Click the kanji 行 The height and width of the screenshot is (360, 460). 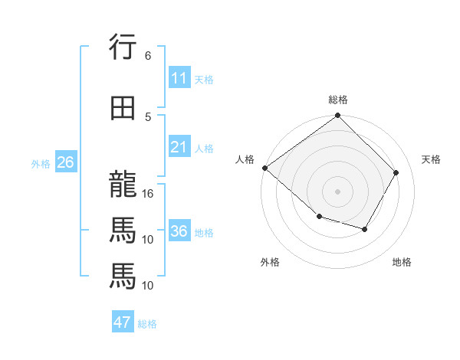(123, 47)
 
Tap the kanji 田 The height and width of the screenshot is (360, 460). (123, 109)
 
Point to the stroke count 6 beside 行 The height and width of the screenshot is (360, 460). (147, 56)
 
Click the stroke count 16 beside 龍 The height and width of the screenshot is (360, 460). (149, 194)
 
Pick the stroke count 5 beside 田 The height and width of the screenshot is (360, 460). (147, 116)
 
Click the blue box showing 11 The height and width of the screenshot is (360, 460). (179, 78)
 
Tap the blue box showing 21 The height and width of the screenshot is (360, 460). (179, 147)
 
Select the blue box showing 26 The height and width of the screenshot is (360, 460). (65, 162)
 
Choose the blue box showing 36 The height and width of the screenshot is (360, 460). (179, 231)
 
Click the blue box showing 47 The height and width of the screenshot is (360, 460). (123, 322)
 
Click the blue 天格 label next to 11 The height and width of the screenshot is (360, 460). (204, 79)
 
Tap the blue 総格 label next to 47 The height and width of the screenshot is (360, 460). (147, 324)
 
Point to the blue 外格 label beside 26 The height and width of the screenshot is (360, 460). (41, 163)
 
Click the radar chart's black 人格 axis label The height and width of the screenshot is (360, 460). (245, 159)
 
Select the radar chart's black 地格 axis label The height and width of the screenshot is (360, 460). (402, 262)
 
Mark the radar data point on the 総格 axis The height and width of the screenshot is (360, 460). (337, 116)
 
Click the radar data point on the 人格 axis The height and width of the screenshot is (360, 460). (264, 168)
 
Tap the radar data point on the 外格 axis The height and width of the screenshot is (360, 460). (319, 217)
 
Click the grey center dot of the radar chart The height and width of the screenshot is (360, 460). (337, 191)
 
